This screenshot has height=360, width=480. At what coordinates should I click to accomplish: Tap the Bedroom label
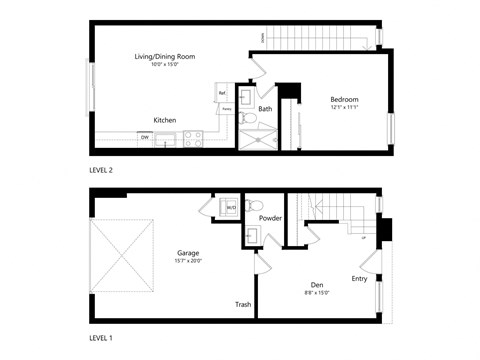(344, 99)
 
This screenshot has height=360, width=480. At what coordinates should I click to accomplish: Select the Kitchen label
(165, 120)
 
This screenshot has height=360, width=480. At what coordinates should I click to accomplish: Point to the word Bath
(265, 108)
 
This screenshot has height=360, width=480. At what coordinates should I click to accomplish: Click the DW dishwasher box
(145, 138)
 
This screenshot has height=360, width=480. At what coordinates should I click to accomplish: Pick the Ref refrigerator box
(221, 93)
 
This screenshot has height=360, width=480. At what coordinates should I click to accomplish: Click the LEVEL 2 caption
(102, 171)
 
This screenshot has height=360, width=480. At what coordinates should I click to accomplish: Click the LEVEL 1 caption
(102, 339)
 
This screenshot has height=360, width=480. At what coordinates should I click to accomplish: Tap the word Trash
(242, 304)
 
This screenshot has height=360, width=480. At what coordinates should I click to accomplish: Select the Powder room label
(270, 218)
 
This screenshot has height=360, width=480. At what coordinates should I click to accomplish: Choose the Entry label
(359, 279)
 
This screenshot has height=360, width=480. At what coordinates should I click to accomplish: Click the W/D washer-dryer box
(230, 208)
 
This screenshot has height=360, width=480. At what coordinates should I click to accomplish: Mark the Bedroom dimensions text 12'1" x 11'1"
(344, 108)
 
